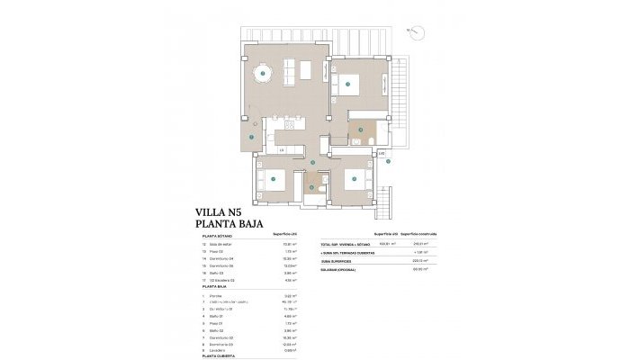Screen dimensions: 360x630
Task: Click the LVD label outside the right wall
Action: coord(382,154)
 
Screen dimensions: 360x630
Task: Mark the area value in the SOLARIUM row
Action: coord(418,268)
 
